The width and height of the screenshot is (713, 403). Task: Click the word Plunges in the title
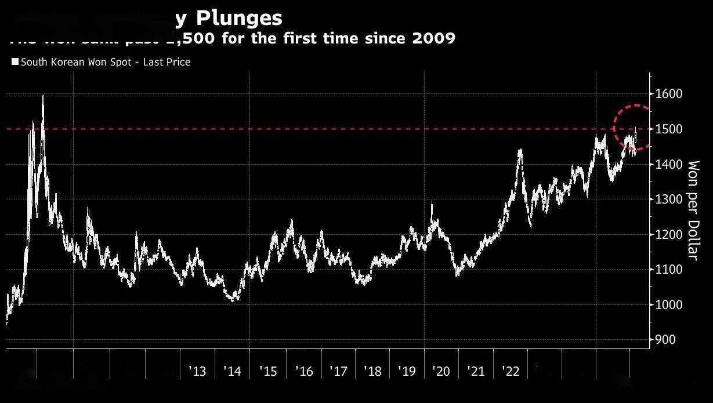coord(238,19)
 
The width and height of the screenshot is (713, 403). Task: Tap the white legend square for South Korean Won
coord(15,61)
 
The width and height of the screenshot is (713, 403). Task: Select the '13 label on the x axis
coord(197,371)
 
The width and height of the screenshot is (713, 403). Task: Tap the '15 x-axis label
coord(268,371)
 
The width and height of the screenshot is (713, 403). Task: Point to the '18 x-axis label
coord(372,371)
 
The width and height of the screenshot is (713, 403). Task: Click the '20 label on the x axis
coord(441,371)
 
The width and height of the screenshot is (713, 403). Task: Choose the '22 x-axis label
coord(511,371)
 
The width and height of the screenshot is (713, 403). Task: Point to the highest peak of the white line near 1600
coord(43,96)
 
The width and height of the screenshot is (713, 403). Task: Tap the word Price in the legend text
coord(178,62)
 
